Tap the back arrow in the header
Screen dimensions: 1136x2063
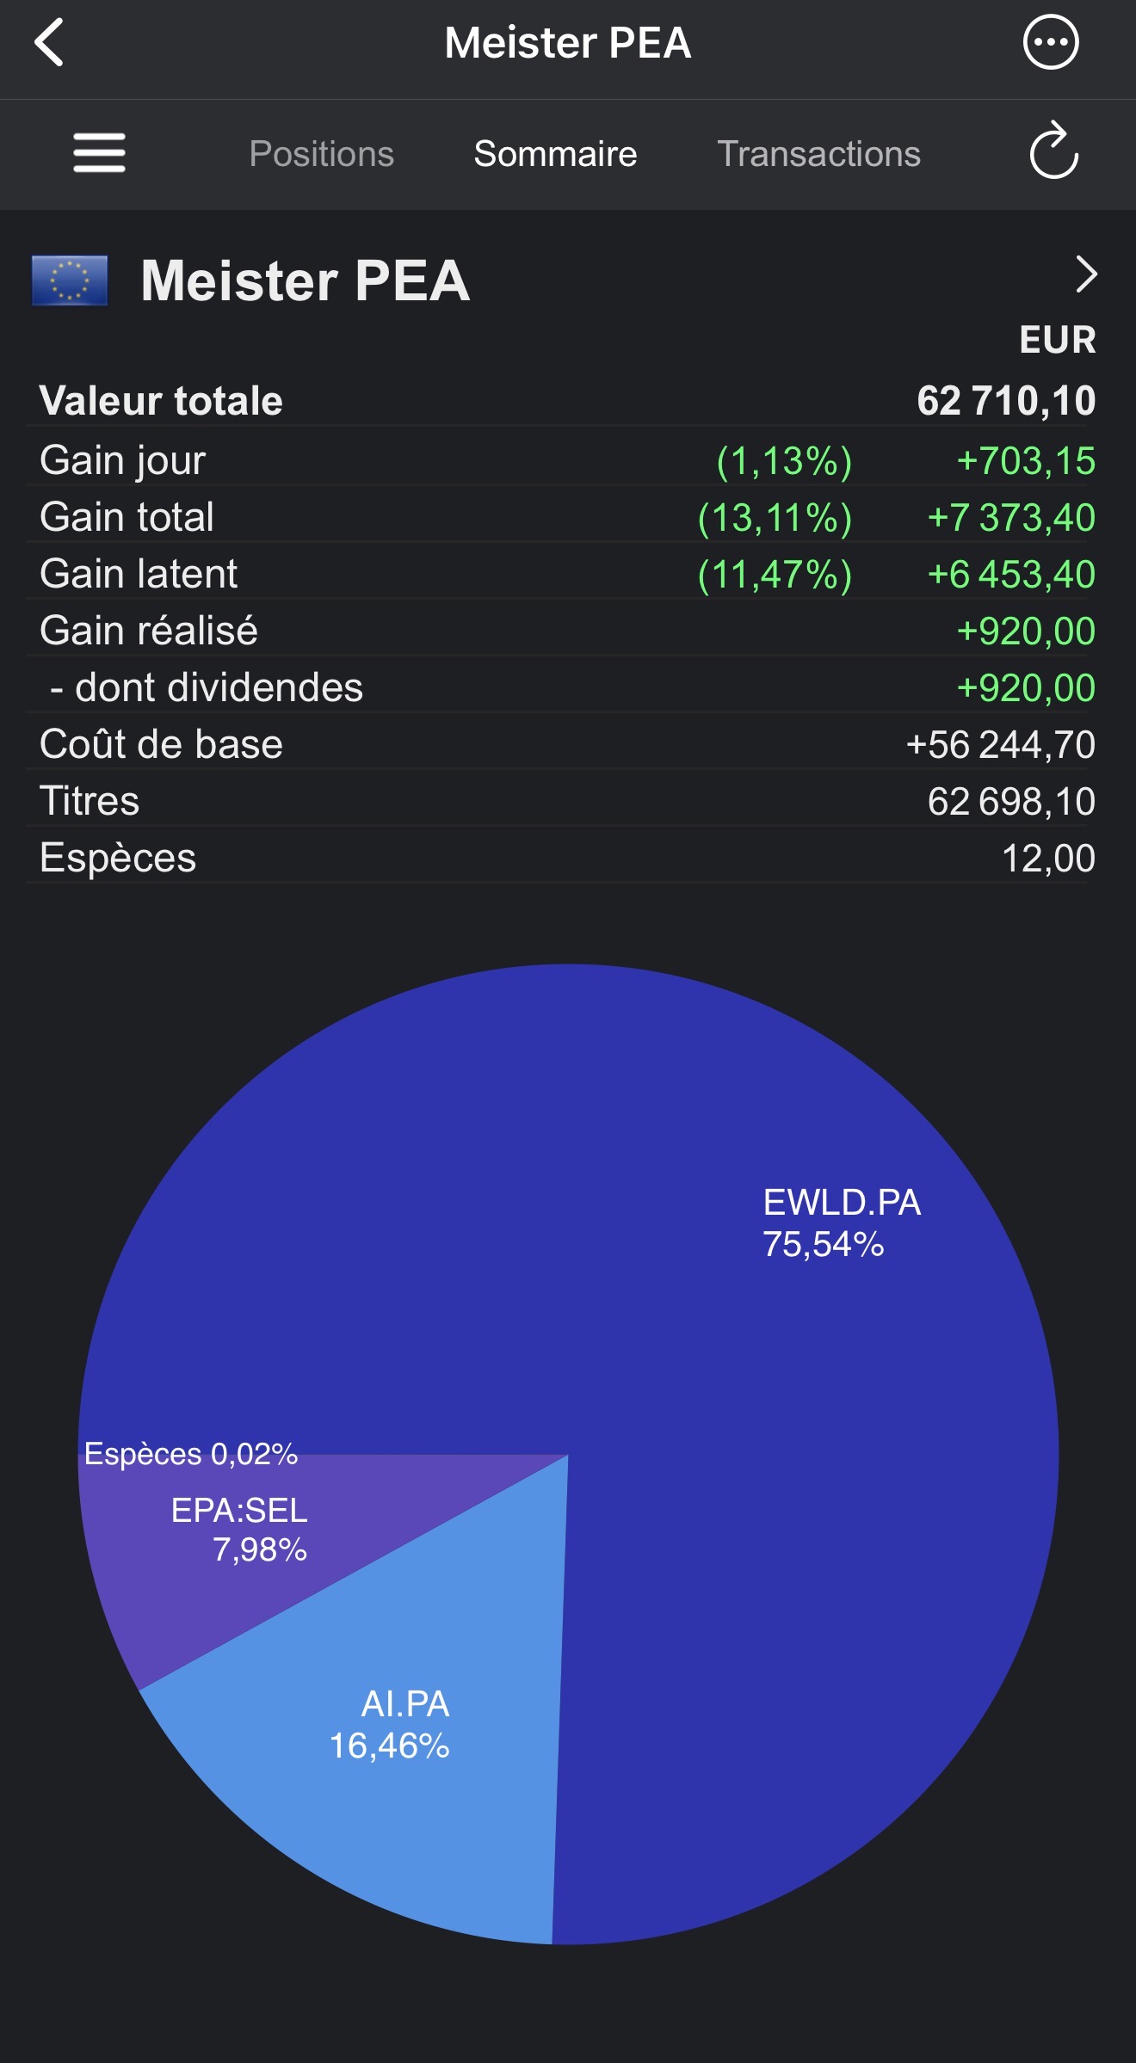tap(49, 42)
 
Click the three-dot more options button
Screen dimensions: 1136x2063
tap(1050, 41)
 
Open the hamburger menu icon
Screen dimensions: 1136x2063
tap(100, 152)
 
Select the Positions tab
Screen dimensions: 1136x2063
tap(321, 154)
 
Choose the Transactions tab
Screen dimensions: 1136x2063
tap(818, 154)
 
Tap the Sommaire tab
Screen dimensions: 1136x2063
tap(555, 154)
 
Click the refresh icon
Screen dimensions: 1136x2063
tap(1053, 151)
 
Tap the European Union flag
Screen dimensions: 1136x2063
tap(70, 280)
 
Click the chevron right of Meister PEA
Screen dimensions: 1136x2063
tap(1087, 275)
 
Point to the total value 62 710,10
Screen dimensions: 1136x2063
tap(1006, 401)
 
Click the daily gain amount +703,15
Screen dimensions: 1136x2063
tap(1026, 461)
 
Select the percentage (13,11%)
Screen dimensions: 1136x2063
tap(775, 519)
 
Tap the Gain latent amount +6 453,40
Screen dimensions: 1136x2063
tap(1011, 575)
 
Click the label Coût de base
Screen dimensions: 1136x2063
tap(161, 744)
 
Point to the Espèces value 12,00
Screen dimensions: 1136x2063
tap(1048, 859)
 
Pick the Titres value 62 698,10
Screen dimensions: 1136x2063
tap(1011, 802)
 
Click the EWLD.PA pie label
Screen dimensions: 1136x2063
tap(842, 1222)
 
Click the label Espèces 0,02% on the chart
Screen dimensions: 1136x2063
tap(191, 1454)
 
